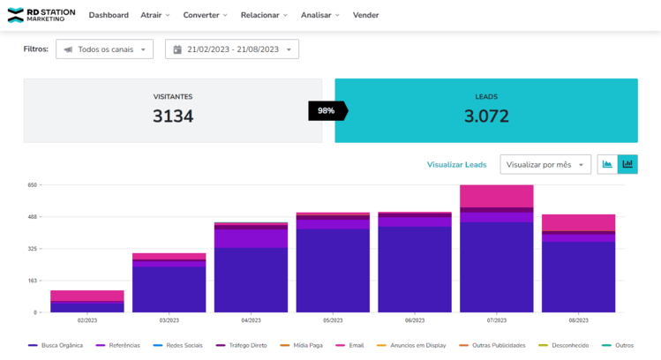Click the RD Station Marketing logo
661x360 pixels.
pyautogui.click(x=41, y=15)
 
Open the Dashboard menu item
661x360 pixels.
pyautogui.click(x=109, y=15)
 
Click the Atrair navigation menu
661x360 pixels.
pyautogui.click(x=155, y=15)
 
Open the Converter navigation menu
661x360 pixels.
pyautogui.click(x=205, y=15)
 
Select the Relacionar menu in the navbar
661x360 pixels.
pyautogui.click(x=265, y=15)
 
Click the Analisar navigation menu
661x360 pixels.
pyautogui.click(x=319, y=15)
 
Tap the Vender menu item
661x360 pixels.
pyautogui.click(x=365, y=15)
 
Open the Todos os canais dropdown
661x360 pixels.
pyautogui.click(x=104, y=49)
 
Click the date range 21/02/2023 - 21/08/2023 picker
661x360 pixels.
pyautogui.click(x=232, y=49)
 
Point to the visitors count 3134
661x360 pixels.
pyautogui.click(x=173, y=116)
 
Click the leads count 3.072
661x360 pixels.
pyautogui.click(x=486, y=116)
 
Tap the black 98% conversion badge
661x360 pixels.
pyautogui.click(x=327, y=110)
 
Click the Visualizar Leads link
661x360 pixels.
pyautogui.click(x=456, y=165)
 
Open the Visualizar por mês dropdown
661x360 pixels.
pyautogui.click(x=545, y=165)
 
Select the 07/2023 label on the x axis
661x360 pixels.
pyautogui.click(x=496, y=320)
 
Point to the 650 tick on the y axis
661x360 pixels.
pyautogui.click(x=32, y=185)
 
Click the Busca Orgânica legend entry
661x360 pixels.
pyautogui.click(x=56, y=345)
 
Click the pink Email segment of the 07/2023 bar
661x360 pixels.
pyautogui.click(x=496, y=196)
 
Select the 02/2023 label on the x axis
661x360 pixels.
pyautogui.click(x=86, y=320)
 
